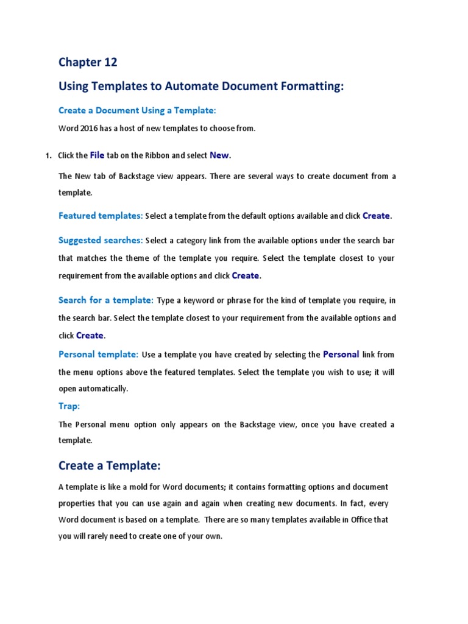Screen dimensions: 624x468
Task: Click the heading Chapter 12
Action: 88,62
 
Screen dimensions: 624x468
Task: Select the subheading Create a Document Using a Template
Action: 137,110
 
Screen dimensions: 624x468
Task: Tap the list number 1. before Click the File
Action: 49,155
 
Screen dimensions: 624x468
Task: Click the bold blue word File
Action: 97,155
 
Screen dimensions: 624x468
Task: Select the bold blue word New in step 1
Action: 219,155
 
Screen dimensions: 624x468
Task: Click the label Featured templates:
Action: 101,216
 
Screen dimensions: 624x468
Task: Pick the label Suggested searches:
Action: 101,240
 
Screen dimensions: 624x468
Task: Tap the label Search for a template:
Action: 105,300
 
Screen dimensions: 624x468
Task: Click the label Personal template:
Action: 98,354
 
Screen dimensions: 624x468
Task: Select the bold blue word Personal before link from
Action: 341,354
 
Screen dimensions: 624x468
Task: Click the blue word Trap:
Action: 69,406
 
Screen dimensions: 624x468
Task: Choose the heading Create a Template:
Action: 109,466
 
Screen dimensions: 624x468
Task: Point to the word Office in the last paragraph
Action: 353,520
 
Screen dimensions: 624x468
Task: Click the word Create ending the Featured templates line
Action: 376,216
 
